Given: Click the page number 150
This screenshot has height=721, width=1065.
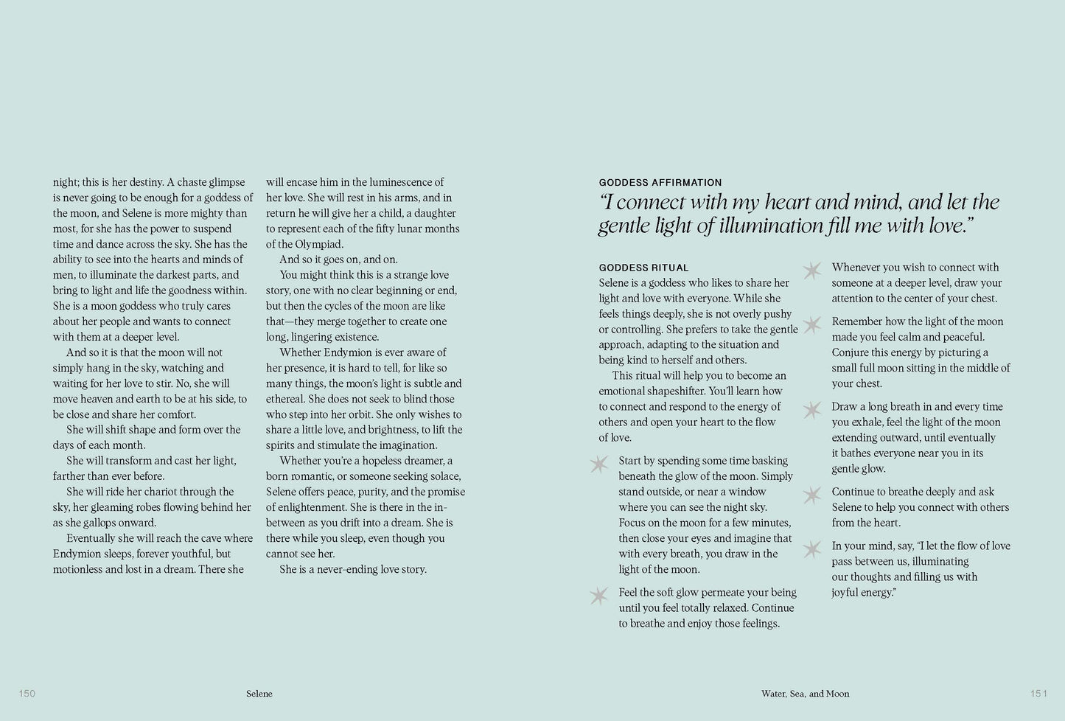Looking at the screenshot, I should [27, 693].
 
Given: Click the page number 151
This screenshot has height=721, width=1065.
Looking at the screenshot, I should [1038, 693].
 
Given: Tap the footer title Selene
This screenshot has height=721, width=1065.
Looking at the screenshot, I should [259, 694].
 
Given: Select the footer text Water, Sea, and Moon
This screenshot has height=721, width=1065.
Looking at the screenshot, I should [805, 694].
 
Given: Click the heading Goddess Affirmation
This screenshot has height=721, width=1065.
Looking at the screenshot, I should [660, 183].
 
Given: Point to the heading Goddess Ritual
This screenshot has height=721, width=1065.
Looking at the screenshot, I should [643, 268].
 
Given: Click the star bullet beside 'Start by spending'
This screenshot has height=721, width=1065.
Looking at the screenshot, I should [599, 464].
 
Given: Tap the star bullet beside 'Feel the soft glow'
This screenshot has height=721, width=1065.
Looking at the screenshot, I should [599, 596].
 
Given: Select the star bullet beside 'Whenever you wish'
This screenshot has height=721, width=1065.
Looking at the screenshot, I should [811, 271].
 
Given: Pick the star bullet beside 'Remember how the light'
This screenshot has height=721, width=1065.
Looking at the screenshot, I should [811, 324].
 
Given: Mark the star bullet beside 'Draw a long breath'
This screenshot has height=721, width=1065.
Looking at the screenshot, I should [811, 410].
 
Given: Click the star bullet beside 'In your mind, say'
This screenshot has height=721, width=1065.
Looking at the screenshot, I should [811, 549].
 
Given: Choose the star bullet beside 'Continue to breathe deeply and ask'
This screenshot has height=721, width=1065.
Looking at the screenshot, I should [811, 495].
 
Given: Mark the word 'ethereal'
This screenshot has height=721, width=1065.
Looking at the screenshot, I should [287, 399].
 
